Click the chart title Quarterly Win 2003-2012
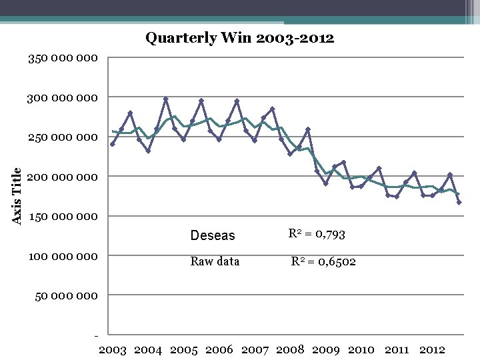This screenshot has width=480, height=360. point(239,38)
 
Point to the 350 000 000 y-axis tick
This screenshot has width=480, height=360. point(63,59)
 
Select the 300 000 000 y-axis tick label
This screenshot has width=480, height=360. point(63,98)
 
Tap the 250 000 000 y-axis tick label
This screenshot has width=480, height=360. point(63,137)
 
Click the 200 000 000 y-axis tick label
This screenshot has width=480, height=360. point(63,177)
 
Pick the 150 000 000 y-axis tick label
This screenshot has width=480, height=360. point(63,217)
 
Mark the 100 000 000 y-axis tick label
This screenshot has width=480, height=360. point(63,256)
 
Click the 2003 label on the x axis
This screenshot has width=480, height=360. point(113,349)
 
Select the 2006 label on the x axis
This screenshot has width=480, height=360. point(219,349)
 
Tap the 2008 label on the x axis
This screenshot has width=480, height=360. point(290,349)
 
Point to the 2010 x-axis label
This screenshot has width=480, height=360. point(361,349)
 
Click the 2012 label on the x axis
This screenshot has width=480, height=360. point(431,349)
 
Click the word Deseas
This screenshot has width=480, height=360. point(213,235)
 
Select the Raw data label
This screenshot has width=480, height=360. point(215,261)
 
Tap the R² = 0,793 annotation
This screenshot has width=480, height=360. point(316,234)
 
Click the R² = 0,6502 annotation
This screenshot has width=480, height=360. point(323,261)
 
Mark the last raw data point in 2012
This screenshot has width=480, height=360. point(459,202)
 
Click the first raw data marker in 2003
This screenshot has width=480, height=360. point(113,144)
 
